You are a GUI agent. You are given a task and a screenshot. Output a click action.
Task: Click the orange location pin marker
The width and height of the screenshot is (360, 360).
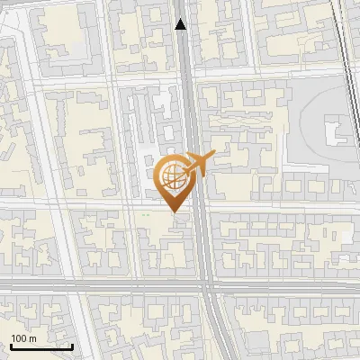(173, 181)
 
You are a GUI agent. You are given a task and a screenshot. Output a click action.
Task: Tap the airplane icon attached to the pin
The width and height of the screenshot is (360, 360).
(198, 164)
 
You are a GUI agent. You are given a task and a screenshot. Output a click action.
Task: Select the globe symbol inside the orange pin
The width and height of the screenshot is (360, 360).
(172, 175)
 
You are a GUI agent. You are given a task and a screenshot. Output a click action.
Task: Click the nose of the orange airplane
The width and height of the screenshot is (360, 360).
(214, 156)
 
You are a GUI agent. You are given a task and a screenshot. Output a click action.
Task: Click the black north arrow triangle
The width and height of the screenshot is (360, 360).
(181, 24)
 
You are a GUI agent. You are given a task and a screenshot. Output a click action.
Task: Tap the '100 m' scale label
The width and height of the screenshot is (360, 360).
(24, 337)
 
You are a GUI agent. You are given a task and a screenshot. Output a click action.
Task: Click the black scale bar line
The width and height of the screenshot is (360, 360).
(40, 346)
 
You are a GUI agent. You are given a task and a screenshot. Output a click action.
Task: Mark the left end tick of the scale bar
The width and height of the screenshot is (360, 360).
(10, 345)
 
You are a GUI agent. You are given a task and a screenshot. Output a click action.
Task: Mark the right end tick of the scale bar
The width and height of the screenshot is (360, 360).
(72, 345)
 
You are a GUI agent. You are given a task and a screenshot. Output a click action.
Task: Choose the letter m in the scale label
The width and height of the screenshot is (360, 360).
(33, 337)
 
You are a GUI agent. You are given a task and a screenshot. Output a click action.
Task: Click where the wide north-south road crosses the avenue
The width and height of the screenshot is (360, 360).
(205, 284)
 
